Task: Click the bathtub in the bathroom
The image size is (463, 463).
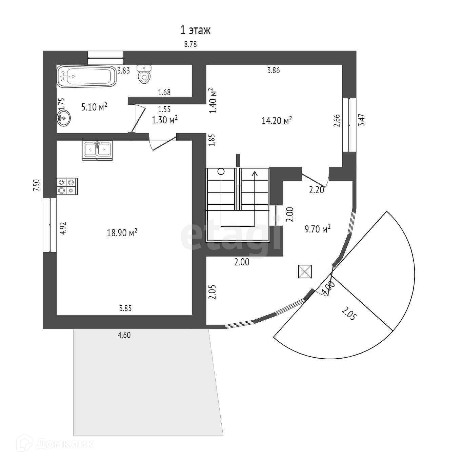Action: pyautogui.click(x=86, y=76)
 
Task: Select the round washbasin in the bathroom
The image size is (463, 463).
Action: pyautogui.click(x=63, y=118)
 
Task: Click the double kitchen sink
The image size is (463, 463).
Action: pyautogui.click(x=97, y=150)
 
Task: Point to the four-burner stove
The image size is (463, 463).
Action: pyautogui.click(x=67, y=186)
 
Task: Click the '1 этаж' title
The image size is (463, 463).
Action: pyautogui.click(x=195, y=30)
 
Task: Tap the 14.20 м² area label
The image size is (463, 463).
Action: pyautogui.click(x=277, y=120)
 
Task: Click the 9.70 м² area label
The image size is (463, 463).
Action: pyautogui.click(x=318, y=229)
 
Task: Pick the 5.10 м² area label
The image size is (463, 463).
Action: pyautogui.click(x=94, y=107)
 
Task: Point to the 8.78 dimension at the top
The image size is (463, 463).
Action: pyautogui.click(x=190, y=44)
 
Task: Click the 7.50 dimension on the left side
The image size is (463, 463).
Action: pyautogui.click(x=37, y=185)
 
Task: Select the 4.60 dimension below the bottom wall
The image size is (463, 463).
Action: pyautogui.click(x=124, y=335)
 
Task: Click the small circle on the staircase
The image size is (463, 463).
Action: pyautogui.click(x=221, y=171)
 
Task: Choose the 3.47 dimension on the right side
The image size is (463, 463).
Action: pyautogui.click(x=362, y=120)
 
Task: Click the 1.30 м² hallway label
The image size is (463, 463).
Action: pyautogui.click(x=165, y=120)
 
